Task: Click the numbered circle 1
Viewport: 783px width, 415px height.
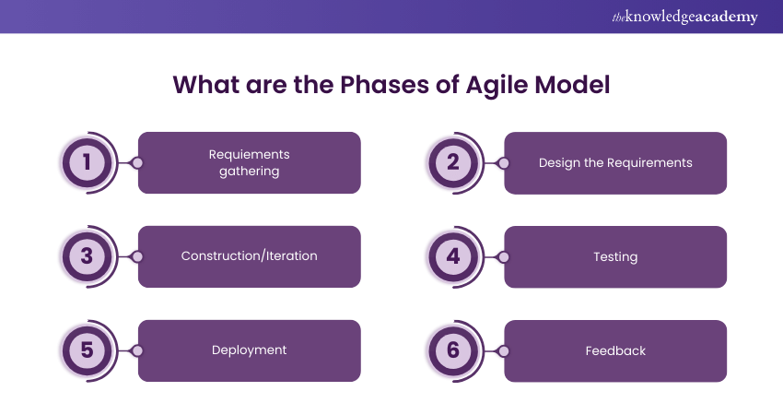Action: (x=87, y=162)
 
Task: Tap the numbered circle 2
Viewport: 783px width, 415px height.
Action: (x=453, y=162)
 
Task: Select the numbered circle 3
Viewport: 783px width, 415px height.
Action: (x=87, y=256)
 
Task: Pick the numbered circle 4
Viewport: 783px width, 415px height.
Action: (x=453, y=256)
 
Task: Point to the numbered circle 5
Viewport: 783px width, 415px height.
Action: (x=87, y=350)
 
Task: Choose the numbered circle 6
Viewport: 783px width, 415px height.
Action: (x=453, y=350)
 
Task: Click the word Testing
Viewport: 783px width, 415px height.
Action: (x=615, y=257)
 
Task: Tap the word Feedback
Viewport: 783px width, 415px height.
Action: (x=615, y=351)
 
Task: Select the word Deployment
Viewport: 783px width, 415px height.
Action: (x=250, y=350)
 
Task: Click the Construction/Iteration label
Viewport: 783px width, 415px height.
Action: (x=250, y=256)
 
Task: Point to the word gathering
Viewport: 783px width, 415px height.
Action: (x=250, y=172)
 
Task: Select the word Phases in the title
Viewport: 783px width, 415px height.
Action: (x=384, y=85)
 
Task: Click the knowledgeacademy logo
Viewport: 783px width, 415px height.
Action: (x=684, y=17)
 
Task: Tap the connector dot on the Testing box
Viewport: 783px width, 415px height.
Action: (x=504, y=257)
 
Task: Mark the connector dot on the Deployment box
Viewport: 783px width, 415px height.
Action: (x=137, y=351)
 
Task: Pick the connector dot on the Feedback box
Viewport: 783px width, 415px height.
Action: (x=504, y=351)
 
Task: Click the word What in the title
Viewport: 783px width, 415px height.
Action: (x=205, y=85)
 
